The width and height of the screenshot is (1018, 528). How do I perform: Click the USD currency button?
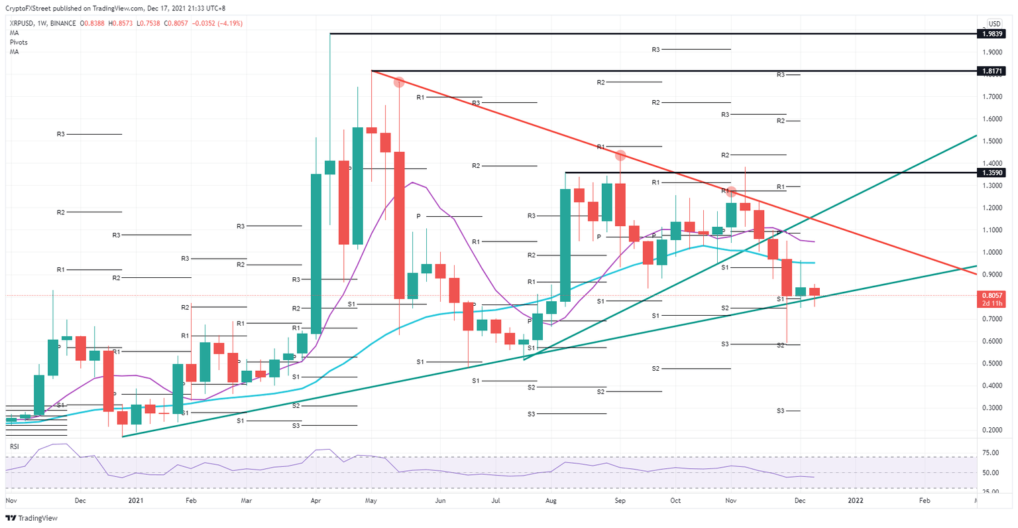point(994,24)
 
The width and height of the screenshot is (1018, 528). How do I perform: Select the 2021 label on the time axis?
point(136,501)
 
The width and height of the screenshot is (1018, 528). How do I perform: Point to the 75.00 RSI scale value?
point(990,453)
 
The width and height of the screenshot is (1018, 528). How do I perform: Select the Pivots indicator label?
point(19,42)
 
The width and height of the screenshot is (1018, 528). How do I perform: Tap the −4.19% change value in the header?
point(227,23)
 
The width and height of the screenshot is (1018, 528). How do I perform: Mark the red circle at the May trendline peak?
point(399,82)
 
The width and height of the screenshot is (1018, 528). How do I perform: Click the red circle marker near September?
point(621,156)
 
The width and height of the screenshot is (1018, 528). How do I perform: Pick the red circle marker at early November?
point(731,192)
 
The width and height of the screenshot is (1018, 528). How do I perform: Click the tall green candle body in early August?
point(565,245)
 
